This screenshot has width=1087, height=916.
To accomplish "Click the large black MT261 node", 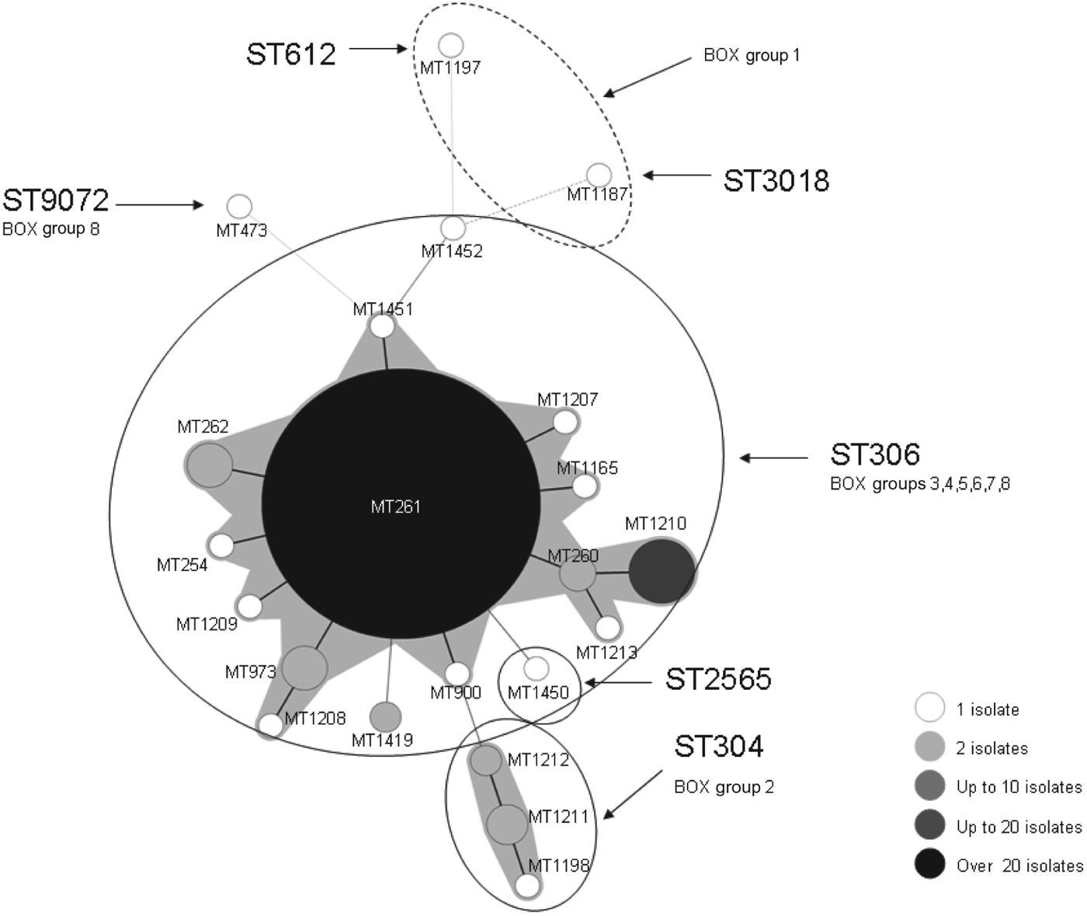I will click(400, 503).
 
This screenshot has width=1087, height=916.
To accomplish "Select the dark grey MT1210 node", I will click(662, 572).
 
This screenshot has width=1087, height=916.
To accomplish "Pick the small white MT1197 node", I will click(451, 45).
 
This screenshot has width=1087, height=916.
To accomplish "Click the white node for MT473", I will click(240, 207).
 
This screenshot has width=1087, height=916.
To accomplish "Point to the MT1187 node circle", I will click(599, 175).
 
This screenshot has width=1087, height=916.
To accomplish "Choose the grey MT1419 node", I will click(385, 715).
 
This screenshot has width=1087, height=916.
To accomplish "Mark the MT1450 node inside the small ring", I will click(536, 667).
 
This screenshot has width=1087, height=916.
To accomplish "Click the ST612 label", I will click(291, 54).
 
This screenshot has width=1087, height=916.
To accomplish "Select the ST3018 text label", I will click(776, 180).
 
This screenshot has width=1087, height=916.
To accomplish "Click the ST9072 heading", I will click(56, 200).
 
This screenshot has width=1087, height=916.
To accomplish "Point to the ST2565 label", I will click(718, 679).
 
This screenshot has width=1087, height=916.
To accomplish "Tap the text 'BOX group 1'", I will click(751, 55).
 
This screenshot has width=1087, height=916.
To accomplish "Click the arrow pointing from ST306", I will click(773, 458).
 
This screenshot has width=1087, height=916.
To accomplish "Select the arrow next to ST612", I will click(379, 49).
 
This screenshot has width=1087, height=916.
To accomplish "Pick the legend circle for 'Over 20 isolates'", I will click(929, 864).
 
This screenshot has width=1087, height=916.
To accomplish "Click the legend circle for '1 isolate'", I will click(929, 708).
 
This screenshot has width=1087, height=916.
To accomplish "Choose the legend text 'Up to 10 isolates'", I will click(1019, 787).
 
